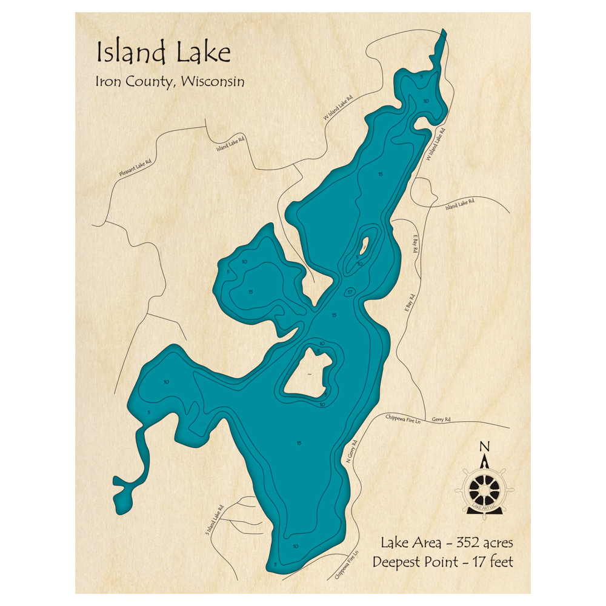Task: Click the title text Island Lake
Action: coord(163,53)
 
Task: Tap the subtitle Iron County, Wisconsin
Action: coord(170,81)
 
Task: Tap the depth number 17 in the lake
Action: coord(350,292)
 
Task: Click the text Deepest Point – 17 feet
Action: coord(442,562)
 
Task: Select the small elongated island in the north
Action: coord(364,246)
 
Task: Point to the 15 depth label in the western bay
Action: coord(250,292)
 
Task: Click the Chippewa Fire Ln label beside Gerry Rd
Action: coord(403,419)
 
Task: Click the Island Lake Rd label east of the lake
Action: coord(459,204)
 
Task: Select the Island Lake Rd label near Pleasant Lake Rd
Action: coord(230,144)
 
